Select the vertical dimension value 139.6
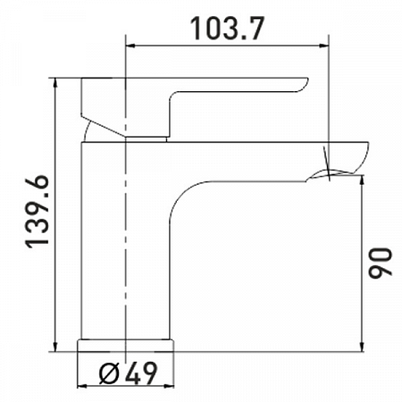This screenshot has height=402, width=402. pos(37,212)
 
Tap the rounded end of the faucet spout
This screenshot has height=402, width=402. pos(363,156)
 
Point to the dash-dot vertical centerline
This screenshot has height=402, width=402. pos(129,223)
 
